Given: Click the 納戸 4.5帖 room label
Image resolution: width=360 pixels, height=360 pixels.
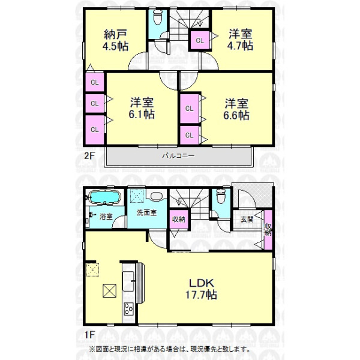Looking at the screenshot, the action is coord(115,40).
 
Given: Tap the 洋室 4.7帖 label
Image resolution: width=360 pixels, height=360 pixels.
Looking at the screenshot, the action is coord(240,40).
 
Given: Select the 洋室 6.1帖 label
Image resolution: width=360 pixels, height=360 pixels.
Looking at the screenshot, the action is coord(142,108).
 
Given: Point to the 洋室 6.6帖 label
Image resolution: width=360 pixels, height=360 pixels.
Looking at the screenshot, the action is coord(236,109).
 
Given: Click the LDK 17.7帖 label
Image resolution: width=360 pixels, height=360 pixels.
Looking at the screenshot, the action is coord(201,289).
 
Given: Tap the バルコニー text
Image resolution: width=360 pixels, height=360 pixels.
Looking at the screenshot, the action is coord(178,156).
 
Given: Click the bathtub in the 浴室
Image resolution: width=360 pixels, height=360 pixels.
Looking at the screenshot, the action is coord(105,197).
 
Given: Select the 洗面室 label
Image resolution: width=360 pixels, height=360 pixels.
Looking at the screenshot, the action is coord(147,212).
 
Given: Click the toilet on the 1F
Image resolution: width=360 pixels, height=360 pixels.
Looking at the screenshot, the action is coord(221,196).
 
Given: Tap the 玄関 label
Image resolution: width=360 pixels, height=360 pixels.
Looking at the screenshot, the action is coord(247,219).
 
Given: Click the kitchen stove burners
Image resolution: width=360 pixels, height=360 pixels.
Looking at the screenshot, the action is coord(128,309).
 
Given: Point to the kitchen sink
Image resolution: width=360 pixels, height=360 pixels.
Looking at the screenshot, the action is coord(128,281).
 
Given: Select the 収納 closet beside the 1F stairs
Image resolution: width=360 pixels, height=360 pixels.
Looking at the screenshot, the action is coord(179,219).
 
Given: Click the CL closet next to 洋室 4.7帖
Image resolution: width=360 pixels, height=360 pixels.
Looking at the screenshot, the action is coord(200,40).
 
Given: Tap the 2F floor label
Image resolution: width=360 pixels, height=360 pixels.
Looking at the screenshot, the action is coord(89,156).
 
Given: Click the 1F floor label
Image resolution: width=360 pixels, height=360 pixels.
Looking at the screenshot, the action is coord(89,335).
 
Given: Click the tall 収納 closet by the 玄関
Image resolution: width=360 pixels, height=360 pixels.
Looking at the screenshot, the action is coord(268,230).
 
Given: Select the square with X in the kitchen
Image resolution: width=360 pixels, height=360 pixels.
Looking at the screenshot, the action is coord(110,290).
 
